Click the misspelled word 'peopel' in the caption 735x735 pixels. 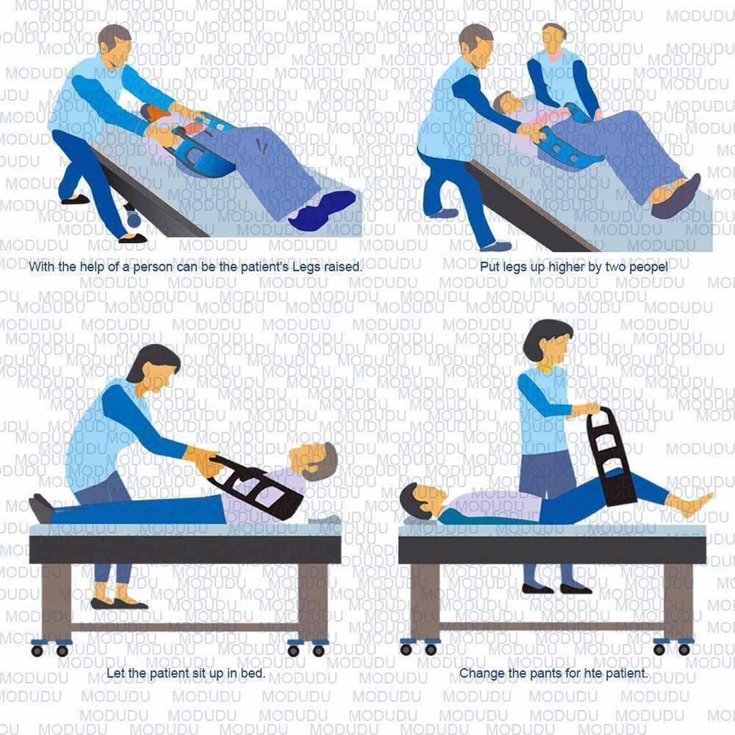pyautogui.click(x=649, y=266)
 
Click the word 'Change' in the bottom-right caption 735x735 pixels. pyautogui.click(x=480, y=674)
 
